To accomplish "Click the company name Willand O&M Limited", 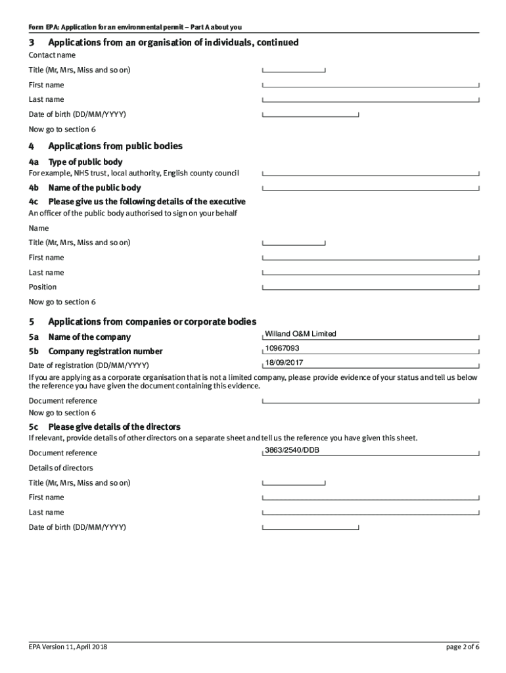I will click(300, 334).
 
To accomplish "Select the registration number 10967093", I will click(282, 348).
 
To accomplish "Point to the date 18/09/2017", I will click(284, 363).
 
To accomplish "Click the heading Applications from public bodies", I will click(115, 146).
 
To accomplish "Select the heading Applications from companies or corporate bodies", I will click(152, 321).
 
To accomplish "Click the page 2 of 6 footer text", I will click(462, 647).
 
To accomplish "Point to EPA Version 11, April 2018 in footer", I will click(68, 647).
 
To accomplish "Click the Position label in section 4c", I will click(43, 287).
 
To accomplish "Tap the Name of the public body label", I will click(94, 188).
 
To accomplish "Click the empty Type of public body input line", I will click(371, 173).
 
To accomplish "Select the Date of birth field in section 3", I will click(310, 114).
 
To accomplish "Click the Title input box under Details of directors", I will click(294, 483).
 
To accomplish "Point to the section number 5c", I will click(34, 427).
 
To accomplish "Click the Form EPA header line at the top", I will click(135, 27).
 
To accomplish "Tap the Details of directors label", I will click(60, 468).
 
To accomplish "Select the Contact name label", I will click(52, 55).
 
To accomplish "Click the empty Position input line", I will click(371, 287).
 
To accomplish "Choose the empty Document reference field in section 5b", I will click(371, 400).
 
